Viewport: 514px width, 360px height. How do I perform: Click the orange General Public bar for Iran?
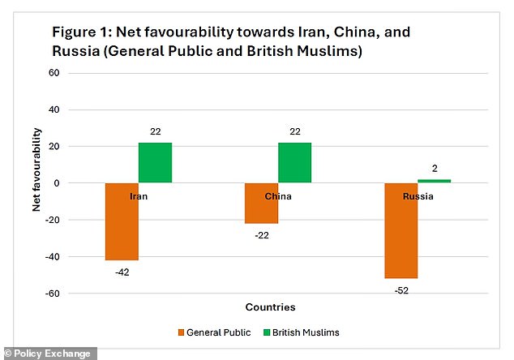point(122,221)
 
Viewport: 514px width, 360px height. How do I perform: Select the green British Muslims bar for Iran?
point(155,163)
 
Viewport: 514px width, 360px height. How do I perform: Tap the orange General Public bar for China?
point(261,204)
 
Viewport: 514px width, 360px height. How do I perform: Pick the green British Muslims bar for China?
point(294,163)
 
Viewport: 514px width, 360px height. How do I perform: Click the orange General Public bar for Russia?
point(400,230)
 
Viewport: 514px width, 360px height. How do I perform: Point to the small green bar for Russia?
point(434,181)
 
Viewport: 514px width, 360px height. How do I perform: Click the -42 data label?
point(122,272)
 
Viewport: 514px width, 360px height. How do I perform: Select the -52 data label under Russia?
point(400,290)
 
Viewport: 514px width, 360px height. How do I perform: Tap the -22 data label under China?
point(261,235)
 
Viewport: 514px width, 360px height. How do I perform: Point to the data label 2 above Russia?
point(435,169)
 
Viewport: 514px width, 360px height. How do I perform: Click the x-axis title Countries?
point(270,307)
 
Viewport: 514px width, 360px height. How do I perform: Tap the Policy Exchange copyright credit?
point(49,354)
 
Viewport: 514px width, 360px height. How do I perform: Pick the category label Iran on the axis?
point(139,195)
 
